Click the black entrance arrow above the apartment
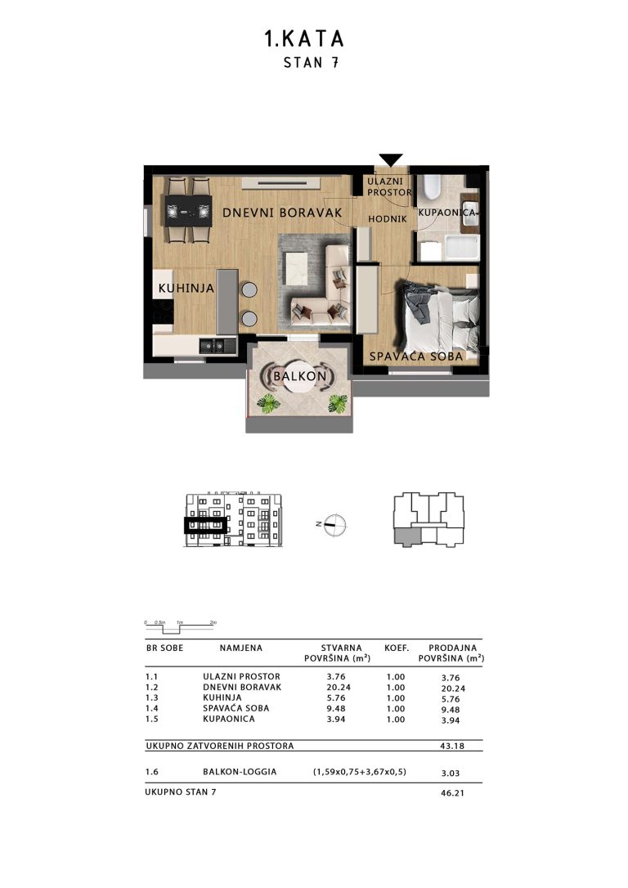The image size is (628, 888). tap(391, 159)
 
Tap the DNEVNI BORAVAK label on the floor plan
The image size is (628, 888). tap(283, 213)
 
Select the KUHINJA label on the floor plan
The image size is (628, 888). tap(186, 289)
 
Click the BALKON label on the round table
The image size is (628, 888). tap(299, 376)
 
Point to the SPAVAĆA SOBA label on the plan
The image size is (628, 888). tap(416, 357)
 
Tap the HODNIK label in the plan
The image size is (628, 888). tap(388, 218)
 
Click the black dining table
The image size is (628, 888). tap(189, 211)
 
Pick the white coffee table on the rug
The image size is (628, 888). tap(297, 270)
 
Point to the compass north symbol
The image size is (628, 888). tap(334, 524)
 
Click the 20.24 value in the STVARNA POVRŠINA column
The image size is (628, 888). tap(338, 688)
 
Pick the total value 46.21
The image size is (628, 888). tap(452, 793)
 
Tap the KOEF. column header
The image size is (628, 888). tap(397, 648)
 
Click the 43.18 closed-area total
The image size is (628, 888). tap(452, 746)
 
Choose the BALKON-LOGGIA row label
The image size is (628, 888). tap(240, 771)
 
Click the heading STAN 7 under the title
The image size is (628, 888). tap(311, 62)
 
